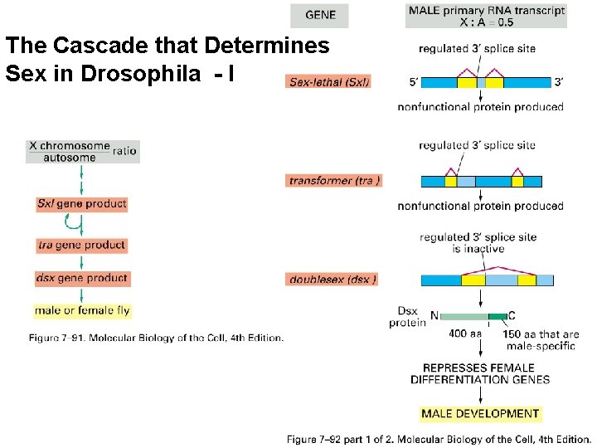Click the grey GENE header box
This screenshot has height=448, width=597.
[x=319, y=16]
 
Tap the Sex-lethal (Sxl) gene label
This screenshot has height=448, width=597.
[x=329, y=81]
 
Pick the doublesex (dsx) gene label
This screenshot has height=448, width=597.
[x=332, y=280]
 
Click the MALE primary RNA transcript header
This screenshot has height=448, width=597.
[x=486, y=16]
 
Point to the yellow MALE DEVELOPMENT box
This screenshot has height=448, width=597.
[x=481, y=413]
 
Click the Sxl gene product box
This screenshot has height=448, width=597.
[x=81, y=203]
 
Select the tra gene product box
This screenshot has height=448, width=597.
[x=81, y=245]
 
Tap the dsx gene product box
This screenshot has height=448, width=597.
[x=81, y=278]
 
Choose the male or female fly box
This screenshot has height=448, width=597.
[x=82, y=311]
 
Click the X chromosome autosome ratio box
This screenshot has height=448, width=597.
[x=82, y=151]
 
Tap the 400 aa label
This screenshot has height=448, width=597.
[x=464, y=334]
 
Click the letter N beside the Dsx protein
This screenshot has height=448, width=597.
[x=434, y=316]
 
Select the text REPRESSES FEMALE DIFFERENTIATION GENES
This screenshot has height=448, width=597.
[x=480, y=373]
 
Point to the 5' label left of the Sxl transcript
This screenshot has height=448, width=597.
[x=414, y=82]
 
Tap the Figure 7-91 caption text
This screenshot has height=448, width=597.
[x=157, y=338]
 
